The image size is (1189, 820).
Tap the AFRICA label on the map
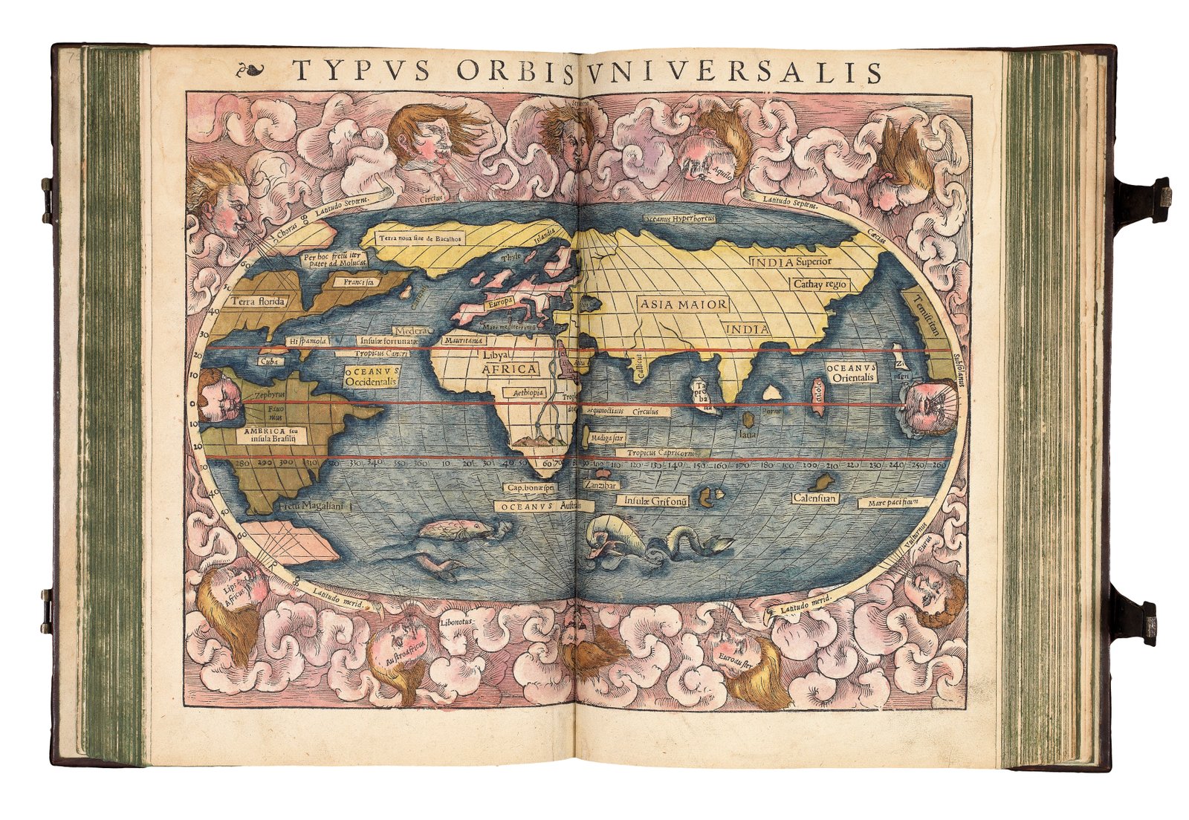(509, 369)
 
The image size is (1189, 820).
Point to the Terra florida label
(257, 302)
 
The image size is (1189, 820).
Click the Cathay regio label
(820, 284)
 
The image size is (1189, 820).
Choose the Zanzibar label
(600, 485)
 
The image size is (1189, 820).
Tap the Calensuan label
(815, 498)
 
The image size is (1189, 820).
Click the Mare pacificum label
(894, 503)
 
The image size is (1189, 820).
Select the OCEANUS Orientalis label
(851, 373)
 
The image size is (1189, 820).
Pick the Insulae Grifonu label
(655, 501)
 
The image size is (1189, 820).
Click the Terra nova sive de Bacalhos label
(421, 238)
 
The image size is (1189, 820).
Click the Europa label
(500, 303)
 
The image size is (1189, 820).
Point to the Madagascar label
(607, 438)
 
